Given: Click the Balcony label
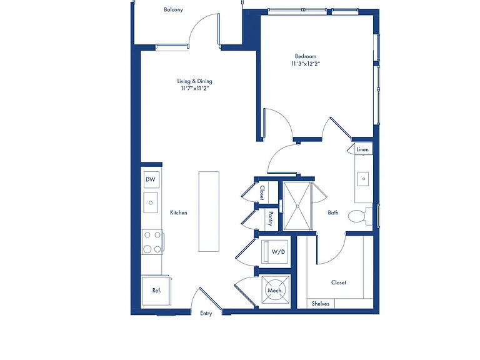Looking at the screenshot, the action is tap(173, 9).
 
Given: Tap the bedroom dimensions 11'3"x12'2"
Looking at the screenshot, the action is tap(306, 64).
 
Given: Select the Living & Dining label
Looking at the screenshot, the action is tap(195, 81).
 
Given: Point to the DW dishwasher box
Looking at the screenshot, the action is tap(151, 180).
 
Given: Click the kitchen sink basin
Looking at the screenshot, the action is tap(151, 202).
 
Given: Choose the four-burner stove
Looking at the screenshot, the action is tap(152, 242).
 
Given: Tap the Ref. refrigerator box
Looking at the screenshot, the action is tap(156, 290).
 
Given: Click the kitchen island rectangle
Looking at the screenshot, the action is tap(209, 211).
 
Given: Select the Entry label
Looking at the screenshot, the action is tap(206, 313).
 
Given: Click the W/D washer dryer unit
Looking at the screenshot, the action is tap(274, 252).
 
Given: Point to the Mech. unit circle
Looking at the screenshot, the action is tap(275, 290).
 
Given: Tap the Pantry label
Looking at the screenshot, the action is tap(271, 218).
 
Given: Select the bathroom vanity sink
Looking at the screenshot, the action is tap(364, 179).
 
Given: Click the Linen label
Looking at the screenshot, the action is tap(362, 149).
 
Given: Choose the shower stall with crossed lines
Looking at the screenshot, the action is tap(297, 206).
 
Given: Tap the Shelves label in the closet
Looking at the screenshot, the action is tap(321, 304).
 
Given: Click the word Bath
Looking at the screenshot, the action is tap(333, 212).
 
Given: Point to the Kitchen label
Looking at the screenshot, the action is tap(179, 212).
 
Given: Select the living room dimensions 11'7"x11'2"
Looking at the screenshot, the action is tap(195, 89).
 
